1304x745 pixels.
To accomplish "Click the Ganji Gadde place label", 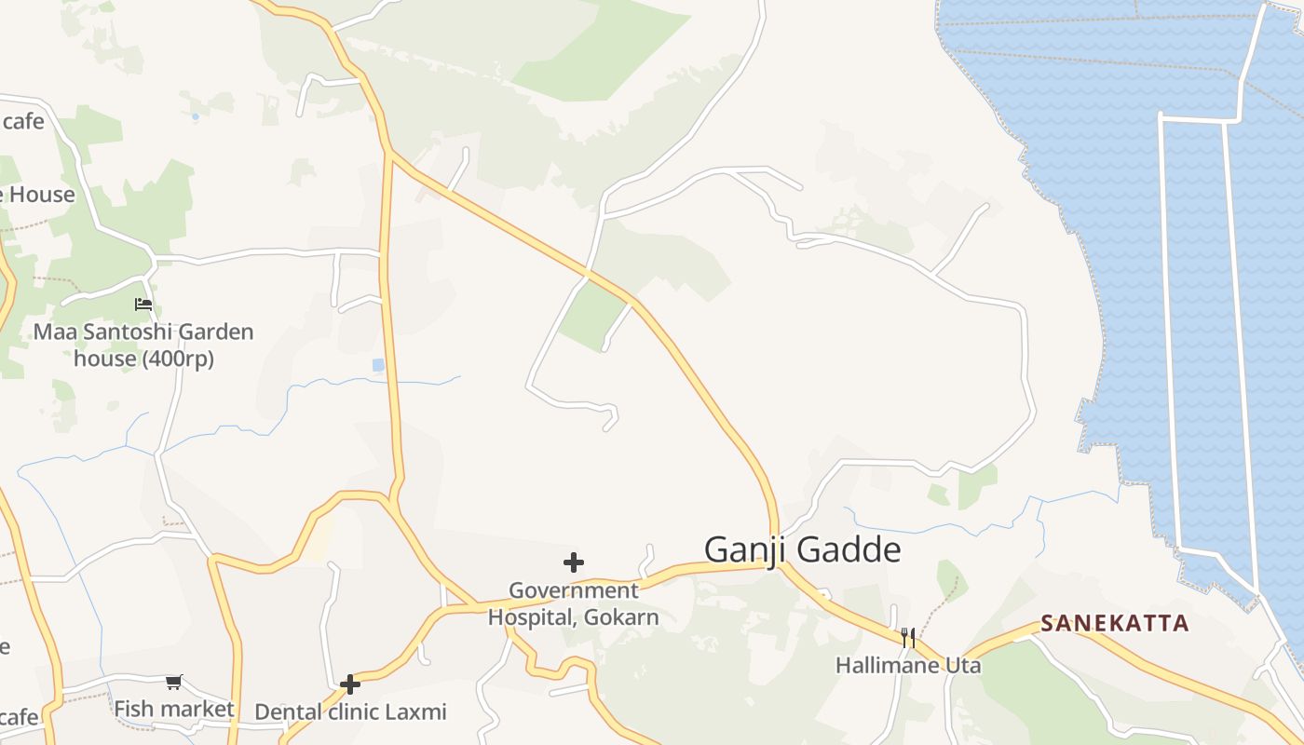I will click(802, 549).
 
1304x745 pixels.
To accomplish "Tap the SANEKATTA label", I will click(1115, 623).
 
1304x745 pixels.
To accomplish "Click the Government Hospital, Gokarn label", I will click(574, 603).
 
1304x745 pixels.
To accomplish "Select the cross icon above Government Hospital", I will click(574, 562).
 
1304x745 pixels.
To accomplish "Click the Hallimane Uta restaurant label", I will click(907, 666).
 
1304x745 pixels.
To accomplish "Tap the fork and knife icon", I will click(908, 638).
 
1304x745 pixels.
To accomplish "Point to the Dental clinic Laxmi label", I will click(350, 711).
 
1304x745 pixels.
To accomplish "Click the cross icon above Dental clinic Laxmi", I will click(350, 684).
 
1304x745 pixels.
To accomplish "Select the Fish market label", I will click(174, 709).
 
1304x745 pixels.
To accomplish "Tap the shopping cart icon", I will click(174, 683).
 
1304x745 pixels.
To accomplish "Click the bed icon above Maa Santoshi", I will click(143, 305).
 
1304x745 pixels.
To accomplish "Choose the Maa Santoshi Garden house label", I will click(143, 345).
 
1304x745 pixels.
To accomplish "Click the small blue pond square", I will click(378, 365).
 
